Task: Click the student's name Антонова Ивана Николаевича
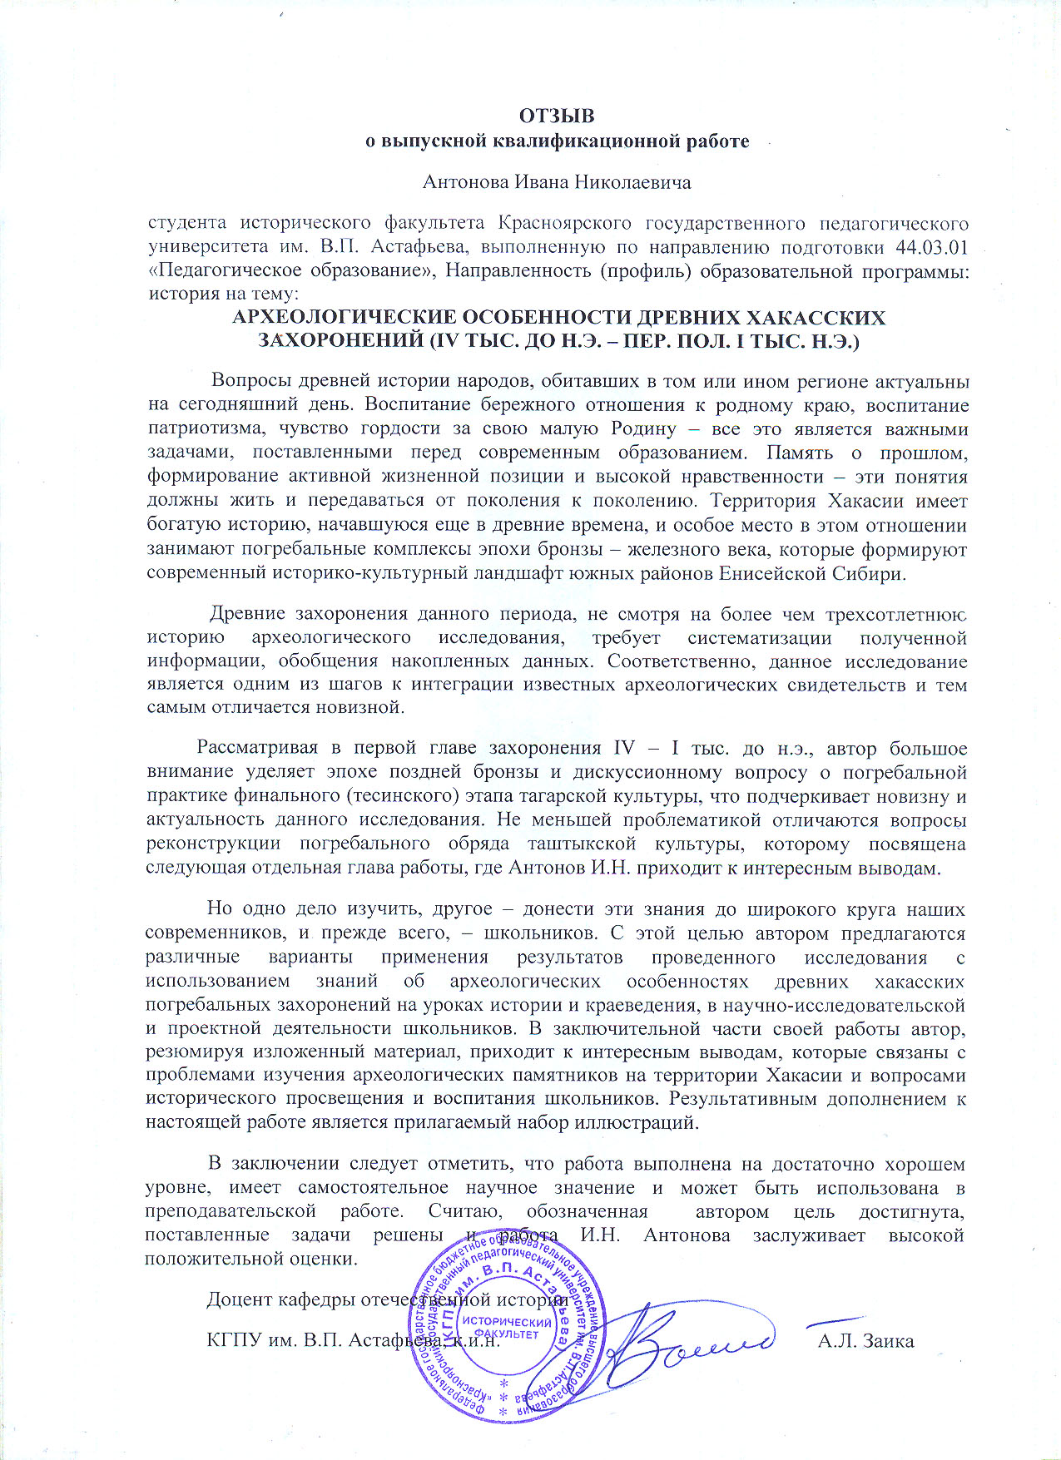click(557, 181)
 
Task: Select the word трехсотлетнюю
click(895, 614)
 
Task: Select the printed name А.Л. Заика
click(865, 1341)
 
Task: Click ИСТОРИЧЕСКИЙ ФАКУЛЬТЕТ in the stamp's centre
click(507, 1328)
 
